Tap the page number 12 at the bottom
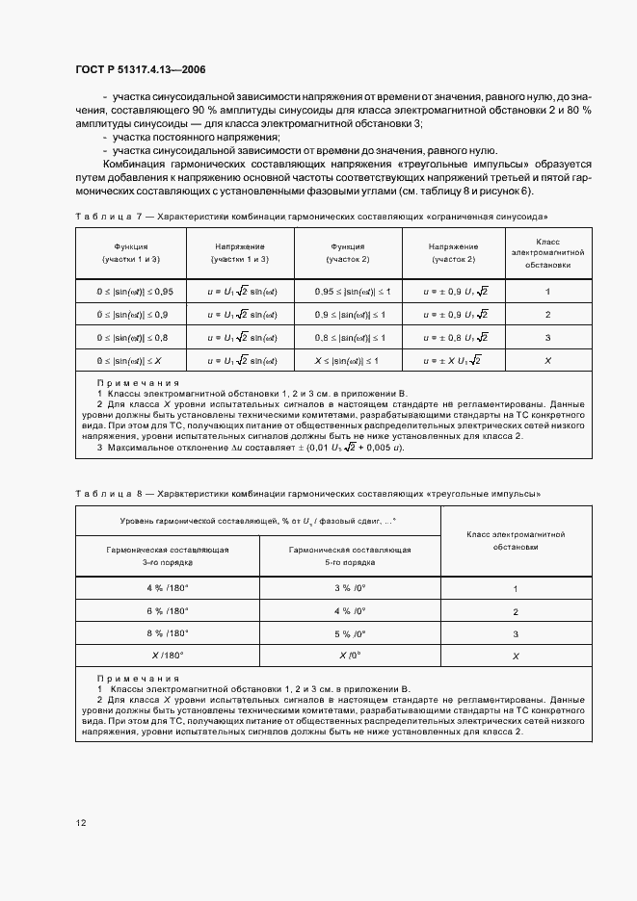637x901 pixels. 82,823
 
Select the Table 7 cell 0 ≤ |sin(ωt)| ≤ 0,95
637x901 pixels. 132,291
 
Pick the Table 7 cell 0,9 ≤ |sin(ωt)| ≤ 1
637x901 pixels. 350,315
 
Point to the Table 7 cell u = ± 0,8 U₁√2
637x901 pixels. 456,338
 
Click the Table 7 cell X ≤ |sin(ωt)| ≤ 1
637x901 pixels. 350,360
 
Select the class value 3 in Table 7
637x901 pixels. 548,338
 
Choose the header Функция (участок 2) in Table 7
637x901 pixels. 348,253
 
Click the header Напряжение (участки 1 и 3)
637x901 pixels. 240,253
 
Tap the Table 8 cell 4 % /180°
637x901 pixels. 168,588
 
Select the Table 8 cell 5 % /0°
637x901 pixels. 350,633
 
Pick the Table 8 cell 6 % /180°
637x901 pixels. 168,611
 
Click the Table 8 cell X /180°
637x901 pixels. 168,656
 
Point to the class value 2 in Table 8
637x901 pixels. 516,611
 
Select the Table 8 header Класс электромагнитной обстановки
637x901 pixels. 516,539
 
